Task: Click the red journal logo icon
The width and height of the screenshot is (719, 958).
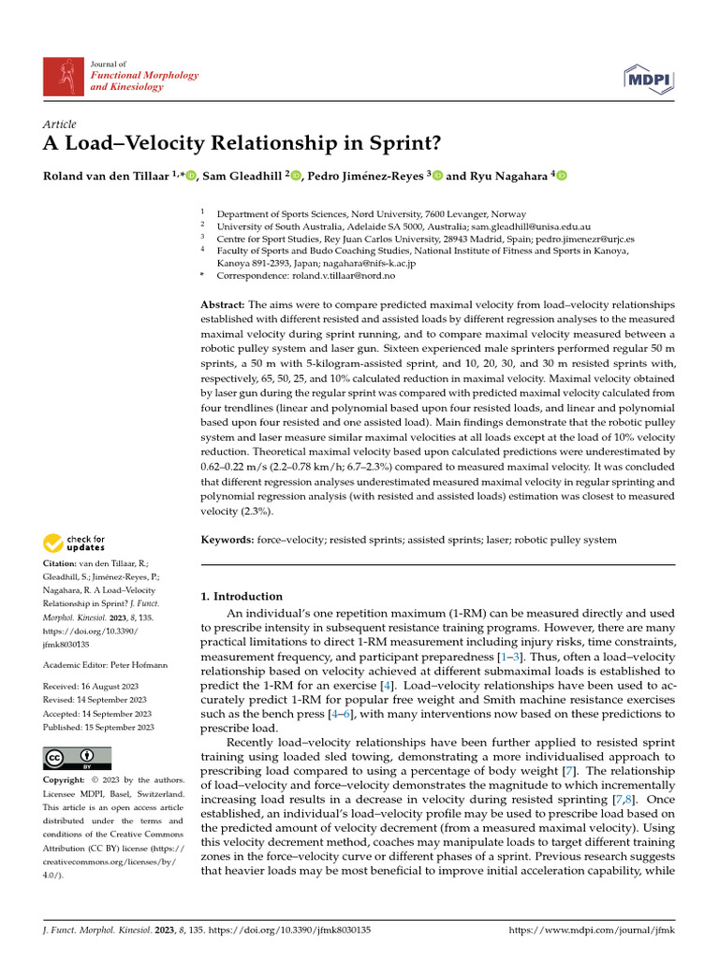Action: click(64, 74)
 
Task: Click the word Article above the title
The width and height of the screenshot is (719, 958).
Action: click(60, 124)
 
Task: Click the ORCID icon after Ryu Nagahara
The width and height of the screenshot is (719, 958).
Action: click(562, 176)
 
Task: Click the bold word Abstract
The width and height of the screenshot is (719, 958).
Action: click(223, 305)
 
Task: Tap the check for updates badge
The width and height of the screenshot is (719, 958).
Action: click(73, 543)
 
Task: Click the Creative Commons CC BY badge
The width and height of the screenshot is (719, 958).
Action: click(77, 758)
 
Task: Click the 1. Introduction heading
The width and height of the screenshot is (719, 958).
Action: click(242, 596)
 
